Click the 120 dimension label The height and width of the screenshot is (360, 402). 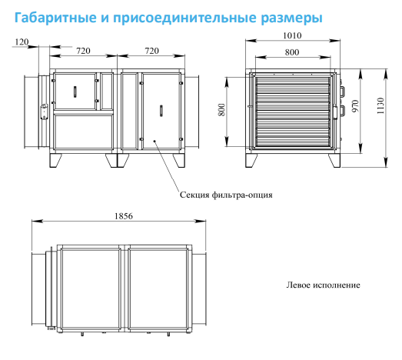[x=22, y=42]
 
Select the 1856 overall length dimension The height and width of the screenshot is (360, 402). [x=124, y=216]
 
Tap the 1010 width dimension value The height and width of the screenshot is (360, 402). [x=292, y=35]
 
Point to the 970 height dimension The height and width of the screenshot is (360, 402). [x=355, y=106]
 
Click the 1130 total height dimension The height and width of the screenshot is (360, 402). [x=380, y=106]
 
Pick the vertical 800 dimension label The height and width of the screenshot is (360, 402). [x=221, y=109]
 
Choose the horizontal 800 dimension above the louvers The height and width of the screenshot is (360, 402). [x=292, y=52]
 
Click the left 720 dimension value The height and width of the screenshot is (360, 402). [x=83, y=51]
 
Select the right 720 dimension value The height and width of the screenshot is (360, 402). [x=151, y=51]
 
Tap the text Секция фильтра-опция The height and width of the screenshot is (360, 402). [x=226, y=195]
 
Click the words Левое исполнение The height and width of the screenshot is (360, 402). [x=324, y=285]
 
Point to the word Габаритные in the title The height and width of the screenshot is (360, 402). [x=55, y=18]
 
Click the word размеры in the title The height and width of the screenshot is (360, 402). [x=292, y=18]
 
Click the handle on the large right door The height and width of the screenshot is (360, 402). [x=161, y=111]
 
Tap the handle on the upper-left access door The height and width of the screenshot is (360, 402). [x=75, y=92]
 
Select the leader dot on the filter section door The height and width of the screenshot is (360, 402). [x=154, y=141]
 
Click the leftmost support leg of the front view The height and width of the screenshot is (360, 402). [x=55, y=161]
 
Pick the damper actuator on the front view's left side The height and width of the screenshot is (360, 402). [x=44, y=112]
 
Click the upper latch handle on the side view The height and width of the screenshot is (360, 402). [x=343, y=92]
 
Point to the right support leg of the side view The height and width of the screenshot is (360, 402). [x=334, y=161]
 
